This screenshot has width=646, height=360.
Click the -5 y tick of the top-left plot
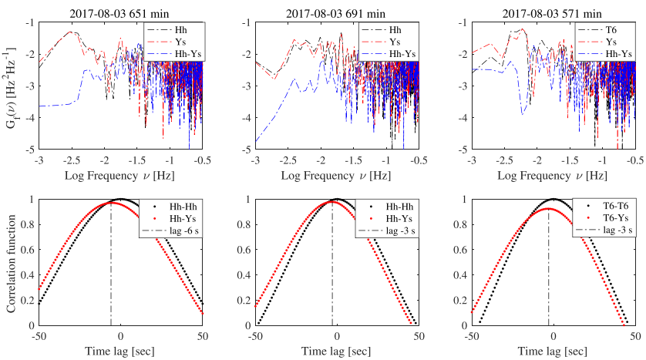29,149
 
